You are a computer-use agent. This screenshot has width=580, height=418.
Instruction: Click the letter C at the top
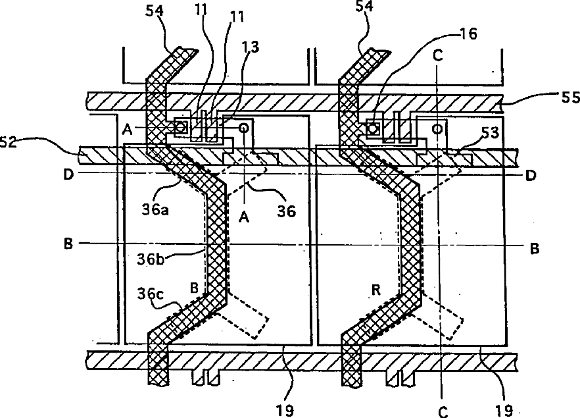[x=439, y=56]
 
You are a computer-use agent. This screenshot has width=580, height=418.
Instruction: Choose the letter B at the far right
[x=535, y=249]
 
